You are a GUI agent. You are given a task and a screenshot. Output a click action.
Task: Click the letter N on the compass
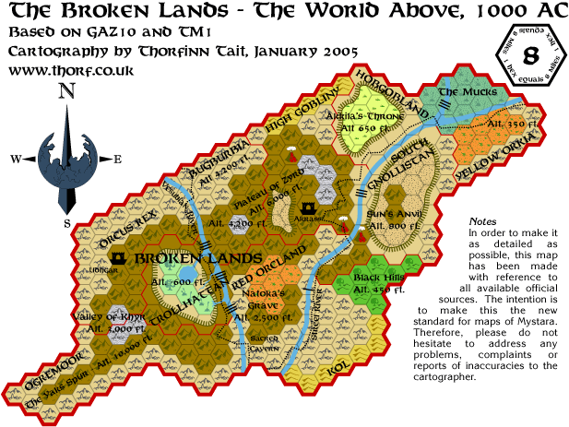[65, 90]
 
